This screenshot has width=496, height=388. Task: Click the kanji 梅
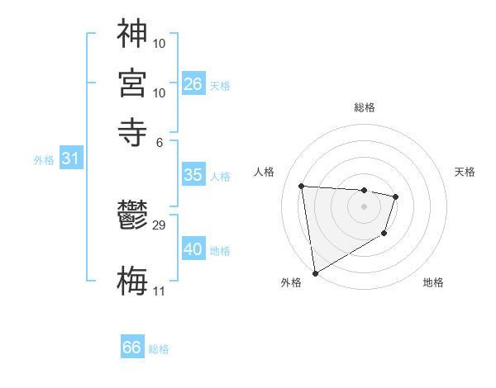click(x=132, y=278)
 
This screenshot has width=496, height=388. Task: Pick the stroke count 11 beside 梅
click(x=159, y=291)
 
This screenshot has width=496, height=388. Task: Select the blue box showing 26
click(x=193, y=83)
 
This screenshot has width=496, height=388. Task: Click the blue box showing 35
click(x=193, y=175)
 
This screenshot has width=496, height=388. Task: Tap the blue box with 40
click(x=193, y=248)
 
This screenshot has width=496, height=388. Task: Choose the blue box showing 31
click(x=70, y=159)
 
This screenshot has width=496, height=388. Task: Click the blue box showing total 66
click(x=132, y=348)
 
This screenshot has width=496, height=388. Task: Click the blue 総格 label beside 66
click(x=159, y=349)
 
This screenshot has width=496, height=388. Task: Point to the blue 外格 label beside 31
click(x=44, y=160)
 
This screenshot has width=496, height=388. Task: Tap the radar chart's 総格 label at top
click(x=365, y=107)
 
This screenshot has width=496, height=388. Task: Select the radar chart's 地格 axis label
click(x=433, y=282)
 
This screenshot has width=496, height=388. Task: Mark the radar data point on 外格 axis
click(x=315, y=272)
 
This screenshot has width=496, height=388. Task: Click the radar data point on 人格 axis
click(x=302, y=186)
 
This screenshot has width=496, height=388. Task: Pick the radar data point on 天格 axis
click(x=396, y=196)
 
